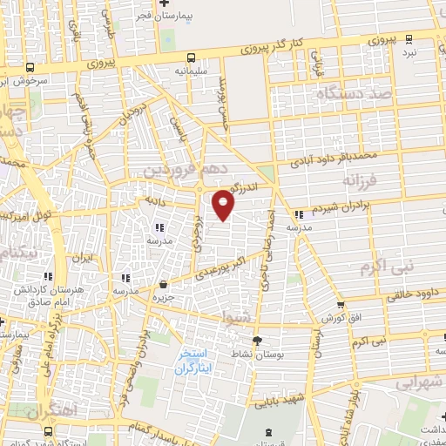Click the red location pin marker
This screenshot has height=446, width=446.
pyautogui.click(x=225, y=203)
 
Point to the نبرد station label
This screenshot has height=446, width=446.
pyautogui.click(x=421, y=52)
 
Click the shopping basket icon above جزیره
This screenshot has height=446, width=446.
pyautogui.click(x=164, y=284)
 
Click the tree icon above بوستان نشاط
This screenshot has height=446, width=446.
pyautogui.click(x=256, y=340)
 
